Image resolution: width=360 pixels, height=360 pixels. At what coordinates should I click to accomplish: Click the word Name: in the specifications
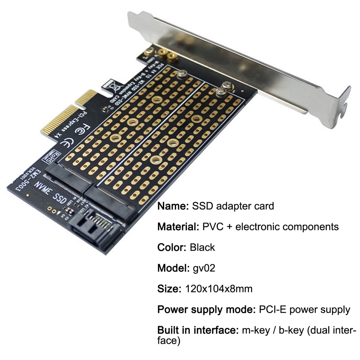coord(173,206)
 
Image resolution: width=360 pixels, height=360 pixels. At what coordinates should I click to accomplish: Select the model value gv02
coord(204,268)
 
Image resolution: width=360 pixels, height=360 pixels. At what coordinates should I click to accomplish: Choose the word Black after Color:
coord(202,247)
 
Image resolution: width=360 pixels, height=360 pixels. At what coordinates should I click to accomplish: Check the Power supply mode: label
coord(206,310)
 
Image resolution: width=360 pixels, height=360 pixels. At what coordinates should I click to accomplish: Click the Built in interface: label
coord(198,330)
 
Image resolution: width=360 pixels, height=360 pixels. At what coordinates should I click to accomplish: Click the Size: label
coord(169,289)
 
